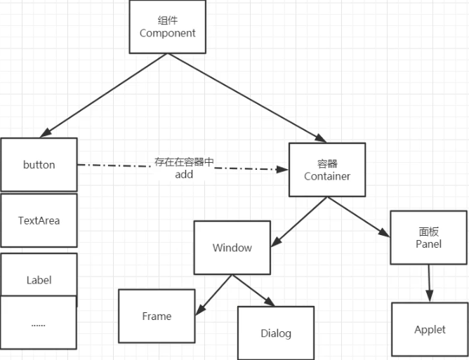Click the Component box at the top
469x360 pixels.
click(168, 27)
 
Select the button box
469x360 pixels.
click(39, 164)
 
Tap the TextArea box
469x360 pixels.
click(39, 220)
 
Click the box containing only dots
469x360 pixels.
click(39, 322)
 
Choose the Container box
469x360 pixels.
click(327, 170)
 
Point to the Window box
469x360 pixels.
click(232, 248)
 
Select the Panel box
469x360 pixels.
click(428, 238)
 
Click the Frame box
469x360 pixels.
click(157, 316)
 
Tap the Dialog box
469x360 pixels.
click(276, 333)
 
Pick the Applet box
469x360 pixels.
click(430, 330)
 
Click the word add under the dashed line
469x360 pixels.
click(184, 175)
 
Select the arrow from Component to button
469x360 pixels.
click(103, 95)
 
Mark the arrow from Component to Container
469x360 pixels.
click(246, 98)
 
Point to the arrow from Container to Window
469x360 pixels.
click(299, 222)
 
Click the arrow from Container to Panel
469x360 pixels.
click(359, 217)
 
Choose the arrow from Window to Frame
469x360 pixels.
click(214, 295)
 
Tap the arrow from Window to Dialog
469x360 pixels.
click(253, 291)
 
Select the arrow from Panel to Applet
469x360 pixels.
click(429, 284)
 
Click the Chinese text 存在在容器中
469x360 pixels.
click(184, 162)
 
